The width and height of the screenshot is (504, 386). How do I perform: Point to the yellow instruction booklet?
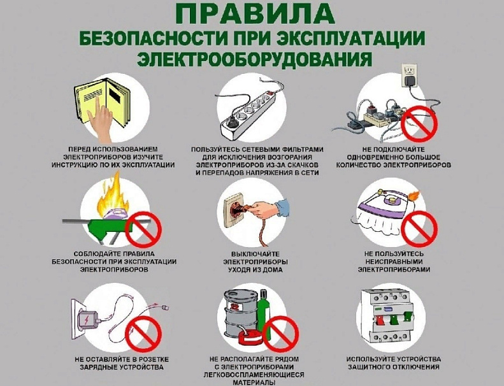click(96, 105)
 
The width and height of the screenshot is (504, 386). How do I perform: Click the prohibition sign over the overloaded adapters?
click(421, 123)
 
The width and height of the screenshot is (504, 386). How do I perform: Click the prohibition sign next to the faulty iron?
click(420, 228)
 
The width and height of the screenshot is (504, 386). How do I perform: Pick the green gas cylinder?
click(264, 315)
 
